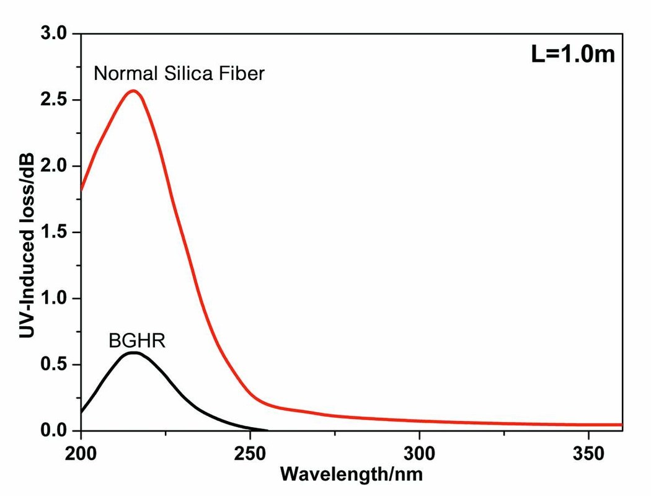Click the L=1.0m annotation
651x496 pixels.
click(x=572, y=54)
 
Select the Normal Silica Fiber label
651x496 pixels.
click(x=179, y=74)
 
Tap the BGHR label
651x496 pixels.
click(x=137, y=340)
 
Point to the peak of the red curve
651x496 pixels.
click(x=133, y=91)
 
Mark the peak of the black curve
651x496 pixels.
click(x=133, y=353)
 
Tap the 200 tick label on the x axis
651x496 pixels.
click(x=81, y=453)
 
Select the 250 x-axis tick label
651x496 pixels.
click(x=250, y=453)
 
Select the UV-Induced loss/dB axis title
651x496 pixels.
click(x=25, y=232)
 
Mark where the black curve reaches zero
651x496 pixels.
click(x=267, y=430)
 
